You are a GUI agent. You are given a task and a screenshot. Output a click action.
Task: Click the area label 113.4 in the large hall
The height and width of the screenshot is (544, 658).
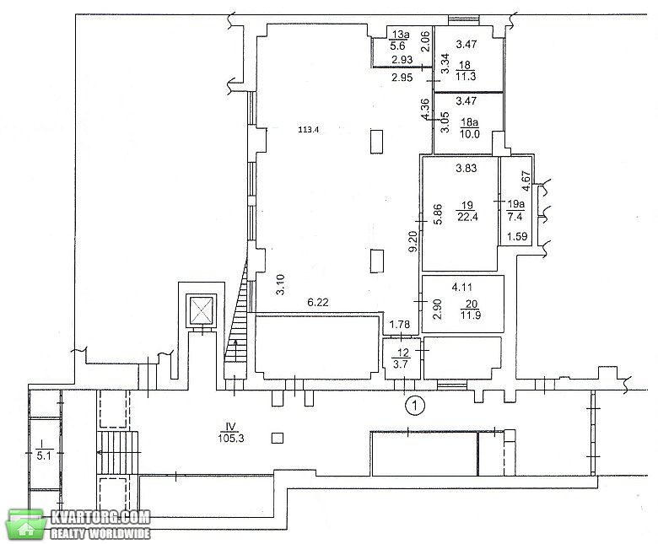[x=309, y=130]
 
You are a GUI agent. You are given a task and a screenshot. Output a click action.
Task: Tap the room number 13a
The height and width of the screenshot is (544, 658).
[x=401, y=35]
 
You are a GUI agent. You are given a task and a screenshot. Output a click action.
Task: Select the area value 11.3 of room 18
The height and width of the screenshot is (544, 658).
[x=466, y=76]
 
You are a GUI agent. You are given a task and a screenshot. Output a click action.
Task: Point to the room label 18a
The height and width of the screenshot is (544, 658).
[x=470, y=122]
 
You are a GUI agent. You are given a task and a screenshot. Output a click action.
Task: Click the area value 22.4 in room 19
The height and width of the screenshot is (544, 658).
[x=467, y=217]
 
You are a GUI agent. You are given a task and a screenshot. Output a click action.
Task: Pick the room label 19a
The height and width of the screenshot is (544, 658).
[x=515, y=204]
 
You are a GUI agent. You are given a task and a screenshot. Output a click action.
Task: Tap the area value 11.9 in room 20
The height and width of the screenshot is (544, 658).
[x=471, y=315]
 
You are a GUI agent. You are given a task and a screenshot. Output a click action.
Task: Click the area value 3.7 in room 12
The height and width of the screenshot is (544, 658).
[x=402, y=364]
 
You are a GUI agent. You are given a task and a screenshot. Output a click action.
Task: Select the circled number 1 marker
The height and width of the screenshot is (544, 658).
[x=415, y=405]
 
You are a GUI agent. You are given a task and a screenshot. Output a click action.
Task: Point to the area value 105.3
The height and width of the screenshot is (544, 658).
[x=231, y=439]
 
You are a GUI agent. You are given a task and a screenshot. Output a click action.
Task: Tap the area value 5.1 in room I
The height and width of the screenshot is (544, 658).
[x=44, y=455]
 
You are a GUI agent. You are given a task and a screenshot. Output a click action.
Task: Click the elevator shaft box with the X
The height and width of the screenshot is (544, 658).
[x=202, y=311]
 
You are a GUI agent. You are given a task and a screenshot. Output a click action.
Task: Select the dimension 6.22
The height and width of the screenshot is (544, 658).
[x=318, y=302]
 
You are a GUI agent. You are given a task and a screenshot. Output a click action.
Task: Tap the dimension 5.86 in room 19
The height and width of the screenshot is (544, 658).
[x=438, y=214]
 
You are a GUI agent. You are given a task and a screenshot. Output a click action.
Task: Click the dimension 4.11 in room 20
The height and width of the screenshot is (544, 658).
[x=462, y=288]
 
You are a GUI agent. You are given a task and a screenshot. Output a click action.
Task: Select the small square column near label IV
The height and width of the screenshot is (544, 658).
[x=278, y=439]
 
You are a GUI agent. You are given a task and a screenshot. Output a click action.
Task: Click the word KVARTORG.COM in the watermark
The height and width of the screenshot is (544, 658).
[x=100, y=517]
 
